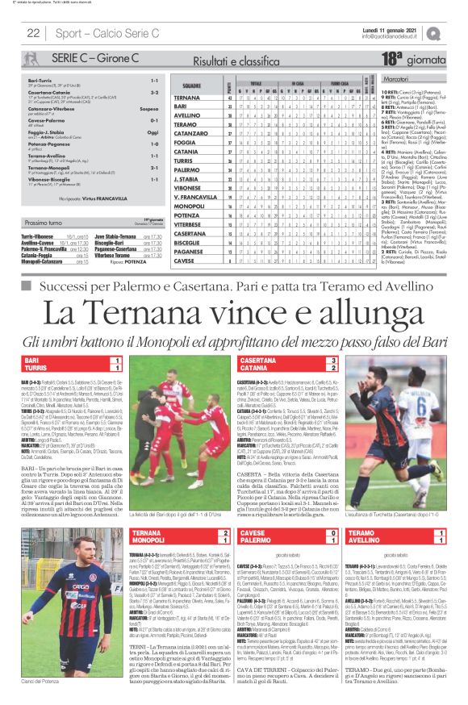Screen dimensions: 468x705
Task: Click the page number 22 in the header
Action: [x=34, y=33]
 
